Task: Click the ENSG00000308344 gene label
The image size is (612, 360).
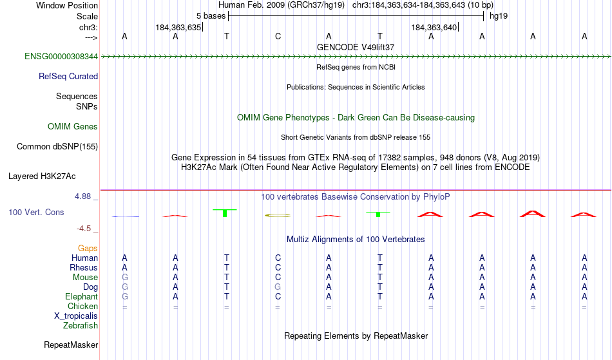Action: coord(61,57)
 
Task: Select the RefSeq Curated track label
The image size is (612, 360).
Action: coord(68,77)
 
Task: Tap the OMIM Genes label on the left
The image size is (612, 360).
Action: coord(73,127)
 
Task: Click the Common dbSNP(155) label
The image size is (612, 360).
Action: coord(57,147)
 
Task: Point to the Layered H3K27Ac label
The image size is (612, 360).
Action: coord(42,176)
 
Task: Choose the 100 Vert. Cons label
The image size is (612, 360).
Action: coord(36,212)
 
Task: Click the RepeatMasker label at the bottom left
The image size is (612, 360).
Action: coord(71,345)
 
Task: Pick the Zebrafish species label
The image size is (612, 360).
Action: coord(81,326)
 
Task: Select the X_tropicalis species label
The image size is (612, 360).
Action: coord(76,316)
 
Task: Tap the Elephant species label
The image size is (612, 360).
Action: coord(82,297)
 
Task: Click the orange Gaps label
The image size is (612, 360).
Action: coord(88,249)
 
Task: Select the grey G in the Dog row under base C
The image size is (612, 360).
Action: coord(278,287)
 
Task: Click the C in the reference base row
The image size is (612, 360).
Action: coord(278,37)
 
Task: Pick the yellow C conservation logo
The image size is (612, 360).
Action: coord(278,215)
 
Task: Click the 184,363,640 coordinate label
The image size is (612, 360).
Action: coord(434,27)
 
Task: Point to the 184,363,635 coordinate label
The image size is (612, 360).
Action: coord(178,27)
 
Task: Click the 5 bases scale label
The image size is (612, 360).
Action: coord(211,16)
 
